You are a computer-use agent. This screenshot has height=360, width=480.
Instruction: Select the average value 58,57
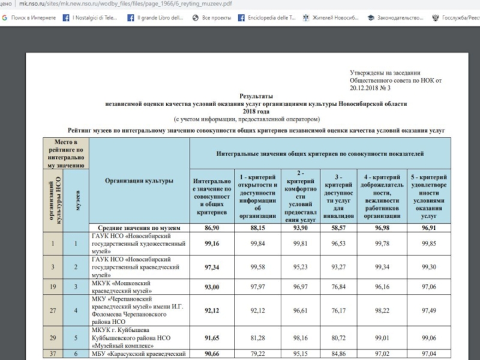(x=340, y=229)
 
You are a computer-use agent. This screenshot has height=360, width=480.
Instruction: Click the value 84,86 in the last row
(x=340, y=354)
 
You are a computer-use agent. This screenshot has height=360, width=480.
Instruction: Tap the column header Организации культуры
(x=139, y=181)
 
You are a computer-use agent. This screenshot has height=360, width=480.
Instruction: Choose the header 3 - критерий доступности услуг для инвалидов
(x=340, y=195)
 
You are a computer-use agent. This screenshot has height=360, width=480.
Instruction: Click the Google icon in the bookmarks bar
(x=5, y=19)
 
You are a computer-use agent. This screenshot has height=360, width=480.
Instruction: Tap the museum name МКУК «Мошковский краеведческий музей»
(x=120, y=287)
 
